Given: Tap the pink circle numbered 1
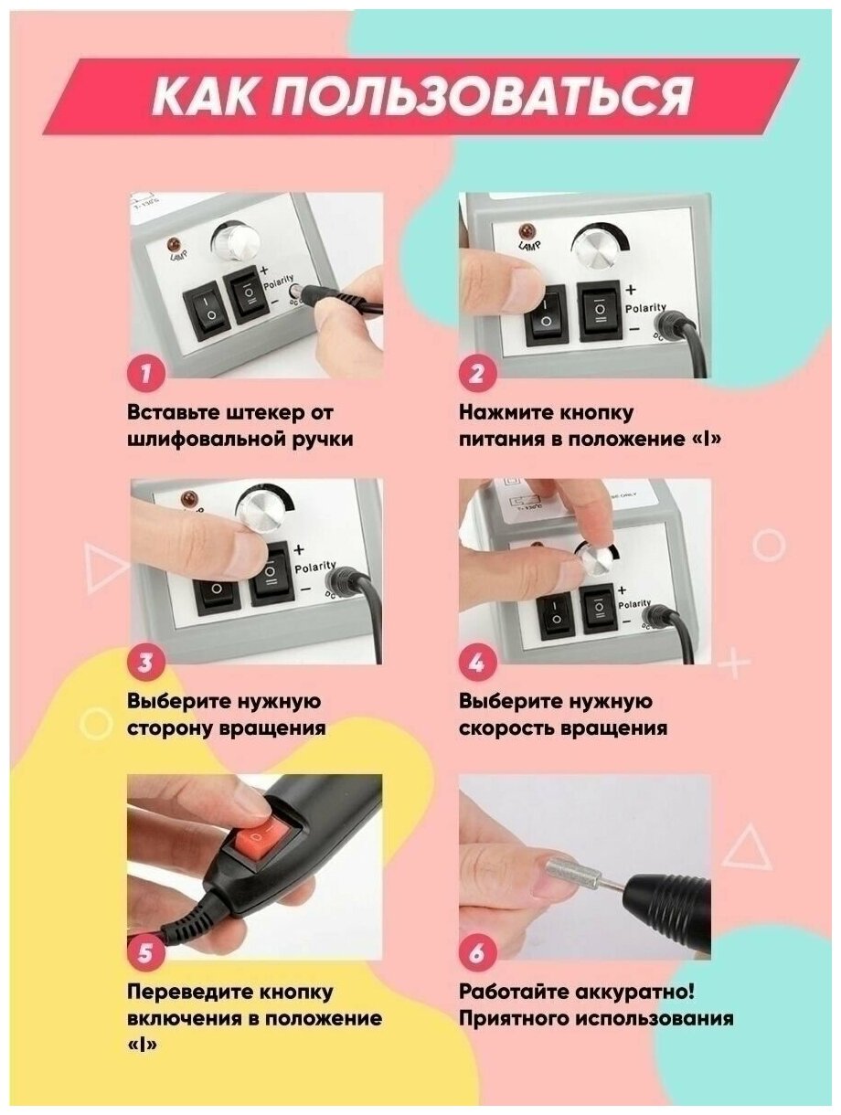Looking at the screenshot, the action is pyautogui.click(x=145, y=374).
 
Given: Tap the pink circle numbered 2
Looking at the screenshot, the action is pyautogui.click(x=477, y=374).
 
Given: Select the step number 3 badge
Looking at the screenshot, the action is pyautogui.click(x=145, y=663).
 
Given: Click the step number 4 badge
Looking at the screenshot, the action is pyautogui.click(x=477, y=663).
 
